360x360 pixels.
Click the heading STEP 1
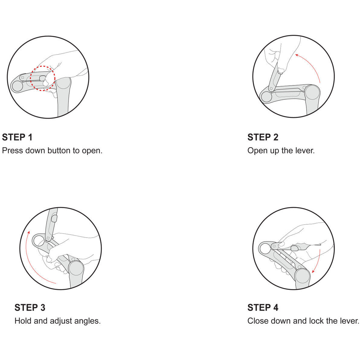17,137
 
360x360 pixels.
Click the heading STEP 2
263,137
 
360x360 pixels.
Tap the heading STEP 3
30,307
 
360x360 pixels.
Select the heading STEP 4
263,307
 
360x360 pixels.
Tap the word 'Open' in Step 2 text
256,151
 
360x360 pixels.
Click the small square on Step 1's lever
22,77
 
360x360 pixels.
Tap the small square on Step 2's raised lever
271,88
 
